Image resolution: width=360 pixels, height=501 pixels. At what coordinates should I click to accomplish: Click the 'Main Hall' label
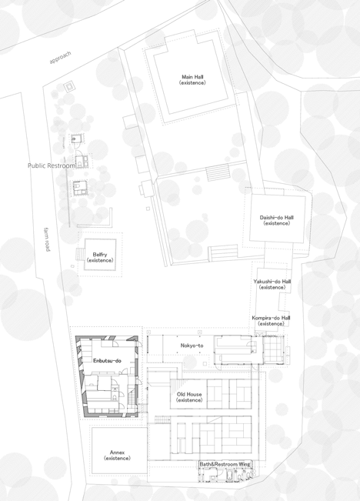click(x=192, y=79)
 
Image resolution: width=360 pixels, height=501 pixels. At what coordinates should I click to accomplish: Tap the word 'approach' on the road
click(x=60, y=58)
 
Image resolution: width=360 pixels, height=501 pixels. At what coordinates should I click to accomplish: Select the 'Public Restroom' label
click(x=52, y=165)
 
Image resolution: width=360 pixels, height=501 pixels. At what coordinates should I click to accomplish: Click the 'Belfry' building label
click(x=100, y=257)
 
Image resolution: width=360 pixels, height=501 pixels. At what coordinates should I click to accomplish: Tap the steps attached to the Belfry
click(x=80, y=254)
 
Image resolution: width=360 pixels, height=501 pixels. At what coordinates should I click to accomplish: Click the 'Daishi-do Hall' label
click(x=277, y=220)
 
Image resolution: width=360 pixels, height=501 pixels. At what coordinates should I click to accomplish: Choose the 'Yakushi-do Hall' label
click(x=272, y=284)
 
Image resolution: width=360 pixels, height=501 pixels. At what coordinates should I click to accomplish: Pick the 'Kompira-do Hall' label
click(x=271, y=320)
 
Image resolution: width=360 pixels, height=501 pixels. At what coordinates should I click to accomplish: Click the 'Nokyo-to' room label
click(x=192, y=346)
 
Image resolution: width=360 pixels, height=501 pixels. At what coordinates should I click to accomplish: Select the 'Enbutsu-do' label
click(x=108, y=361)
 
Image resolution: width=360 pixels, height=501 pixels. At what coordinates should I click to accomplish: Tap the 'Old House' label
click(x=189, y=397)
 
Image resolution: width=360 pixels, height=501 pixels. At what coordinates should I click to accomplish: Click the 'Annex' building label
click(x=117, y=456)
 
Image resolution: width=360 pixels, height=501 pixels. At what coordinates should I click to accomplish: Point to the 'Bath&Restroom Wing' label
click(x=225, y=464)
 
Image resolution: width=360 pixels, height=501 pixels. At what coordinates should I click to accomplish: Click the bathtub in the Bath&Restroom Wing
click(x=230, y=476)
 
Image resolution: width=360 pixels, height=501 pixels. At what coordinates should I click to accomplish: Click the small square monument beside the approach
click(x=69, y=87)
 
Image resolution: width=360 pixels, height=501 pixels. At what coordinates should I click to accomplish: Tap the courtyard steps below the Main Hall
click(x=218, y=172)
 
